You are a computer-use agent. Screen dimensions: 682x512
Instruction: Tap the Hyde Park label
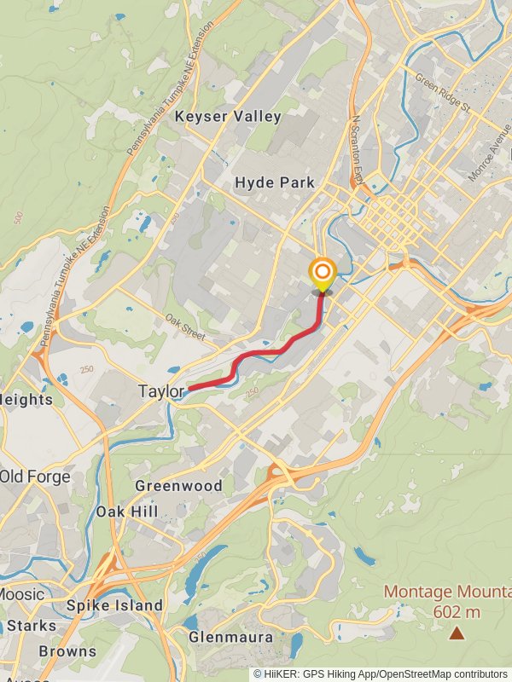[x=275, y=182]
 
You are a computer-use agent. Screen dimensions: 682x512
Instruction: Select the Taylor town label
[x=161, y=392]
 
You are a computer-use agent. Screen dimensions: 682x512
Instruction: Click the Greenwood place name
[x=178, y=486]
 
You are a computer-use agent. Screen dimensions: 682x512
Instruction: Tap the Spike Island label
[x=114, y=605]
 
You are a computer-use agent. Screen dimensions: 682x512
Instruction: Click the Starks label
[x=31, y=626]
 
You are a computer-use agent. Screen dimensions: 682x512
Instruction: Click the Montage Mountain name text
[x=447, y=592]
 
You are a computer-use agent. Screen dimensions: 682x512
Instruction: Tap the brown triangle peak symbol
[x=457, y=633]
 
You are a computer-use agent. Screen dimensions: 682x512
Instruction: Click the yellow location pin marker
[x=322, y=275]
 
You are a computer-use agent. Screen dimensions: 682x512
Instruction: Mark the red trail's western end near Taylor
[x=188, y=389]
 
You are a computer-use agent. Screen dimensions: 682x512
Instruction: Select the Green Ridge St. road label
[x=443, y=92]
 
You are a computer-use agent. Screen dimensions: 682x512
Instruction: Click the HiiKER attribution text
[x=380, y=673]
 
